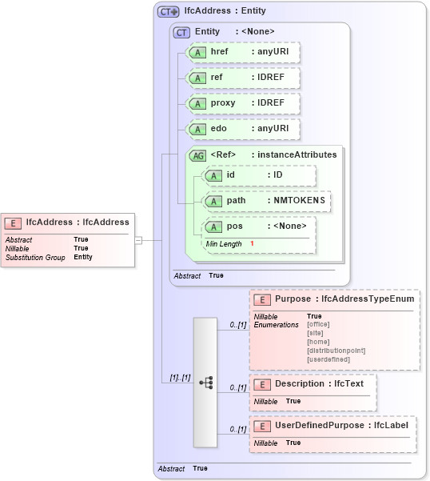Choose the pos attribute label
(234, 226)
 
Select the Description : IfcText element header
(319, 384)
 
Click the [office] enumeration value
(318, 324)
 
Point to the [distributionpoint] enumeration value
(336, 351)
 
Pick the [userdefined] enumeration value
(328, 359)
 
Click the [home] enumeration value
(317, 342)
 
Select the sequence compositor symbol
(205, 383)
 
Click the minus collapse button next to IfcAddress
(138, 239)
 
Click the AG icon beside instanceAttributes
(197, 155)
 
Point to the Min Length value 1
(252, 243)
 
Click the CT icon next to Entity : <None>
(182, 32)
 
